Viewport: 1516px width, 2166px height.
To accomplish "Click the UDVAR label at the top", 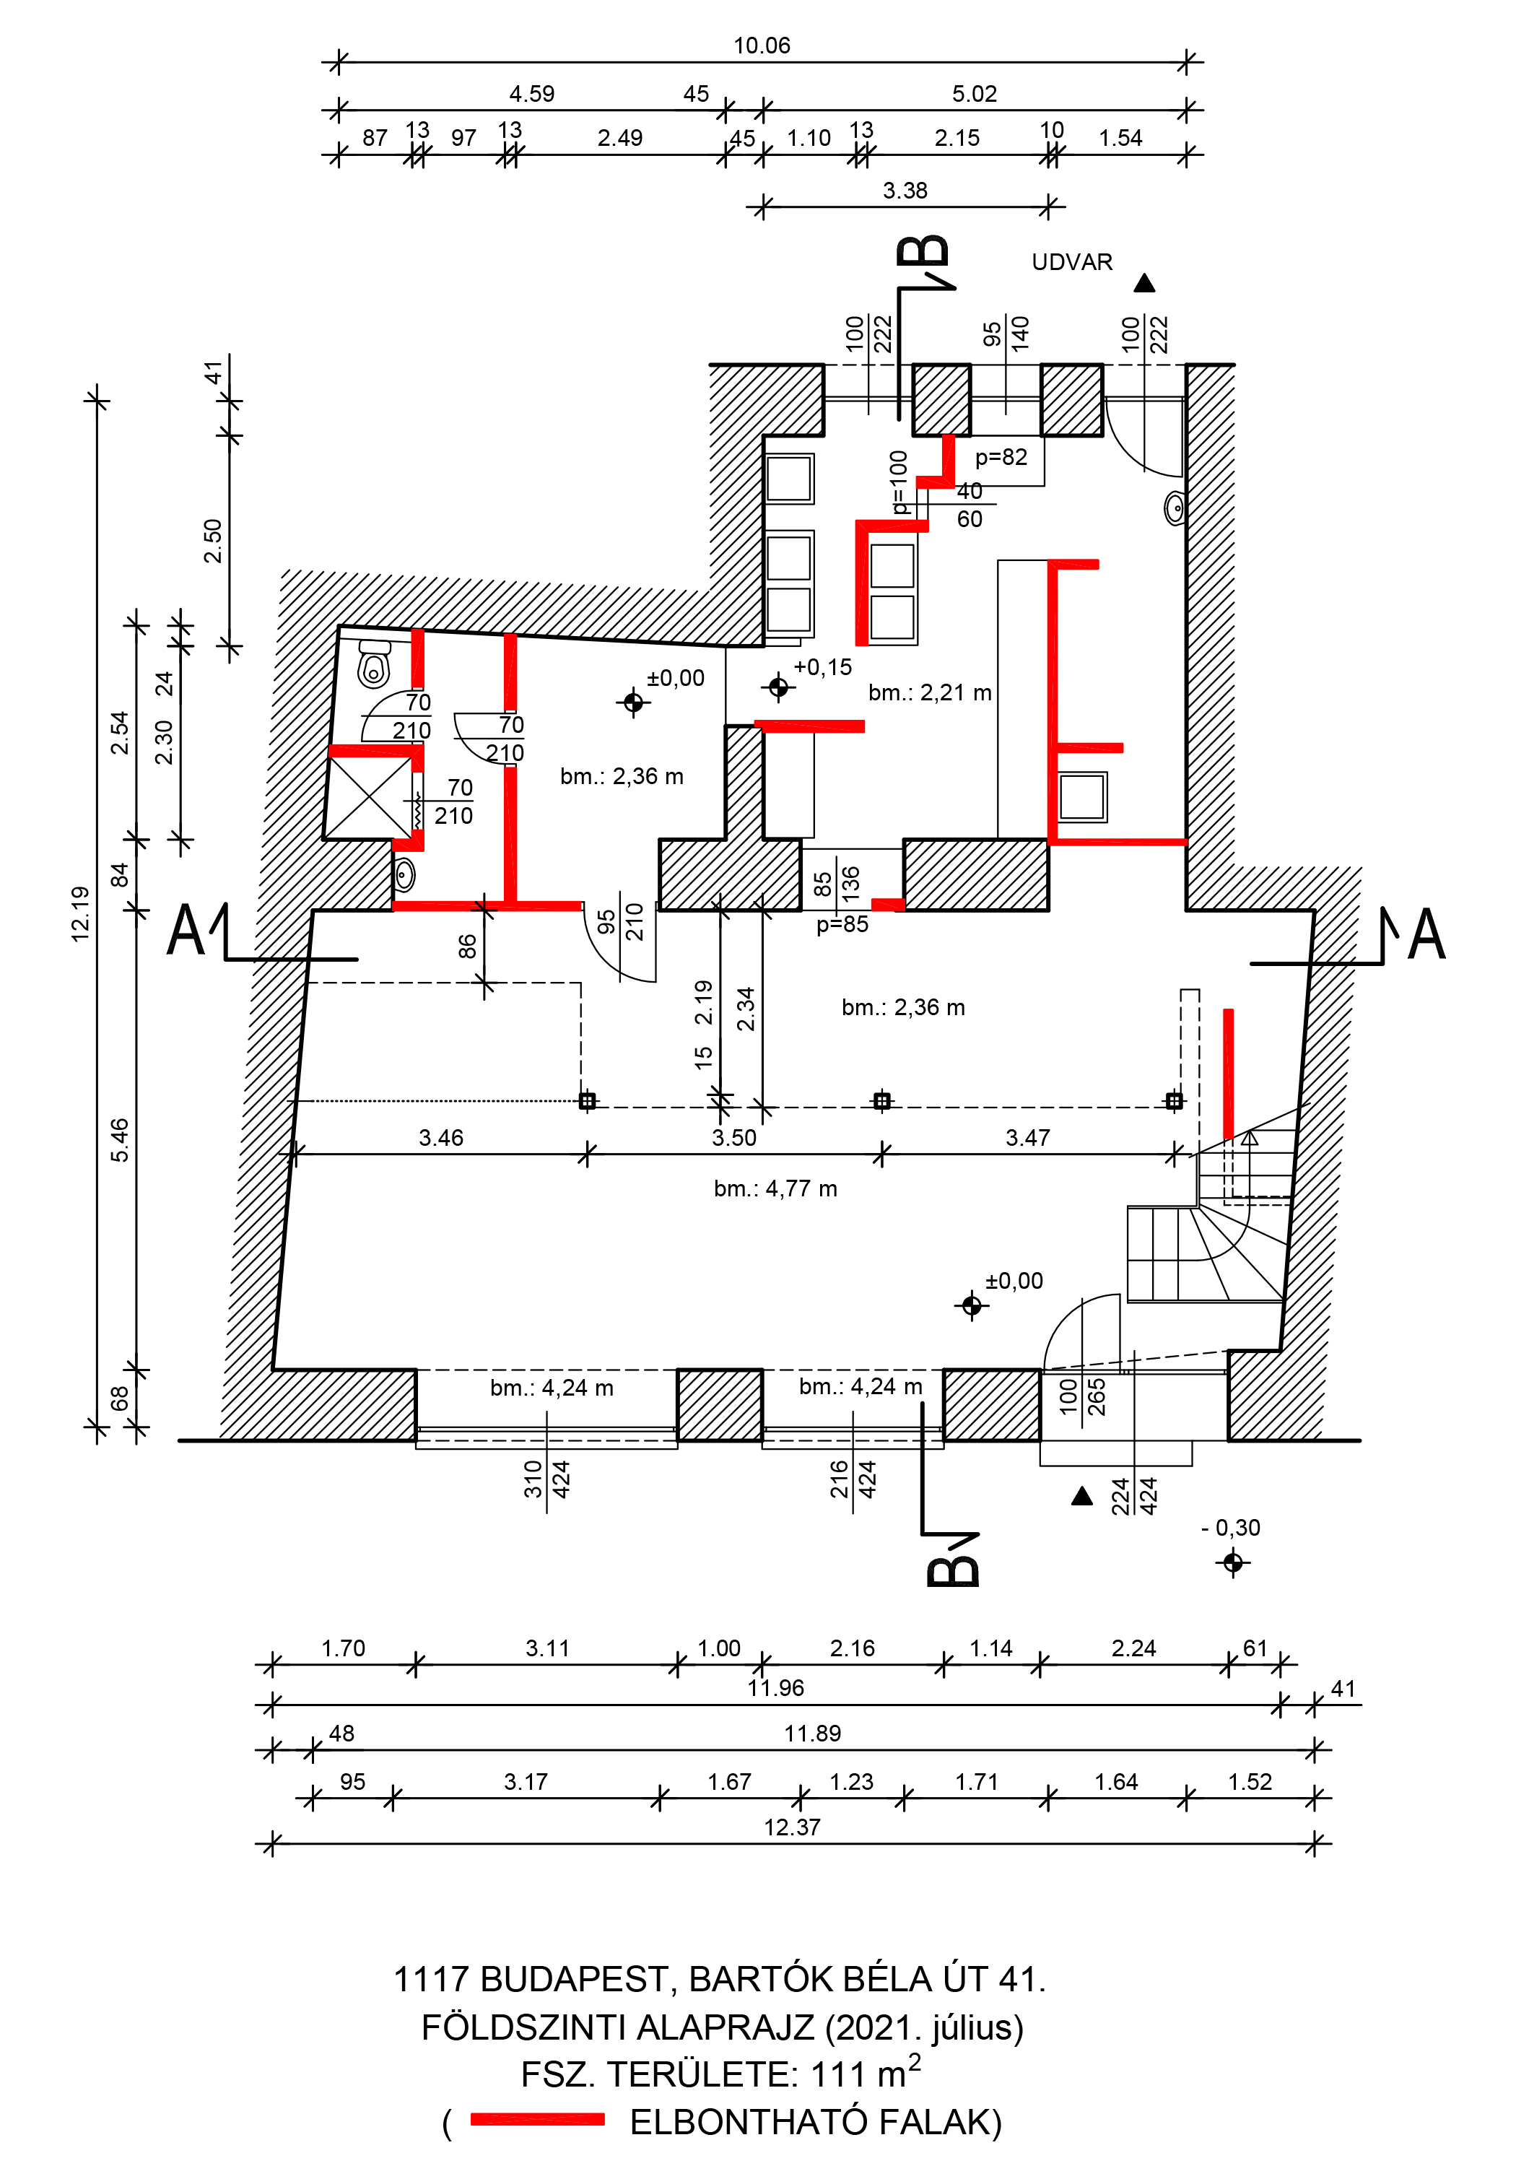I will (1072, 262).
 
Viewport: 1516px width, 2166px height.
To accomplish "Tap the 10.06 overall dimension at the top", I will (762, 45).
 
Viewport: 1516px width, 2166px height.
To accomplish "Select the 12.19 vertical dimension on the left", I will (81, 913).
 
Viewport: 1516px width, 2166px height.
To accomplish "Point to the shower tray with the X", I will (369, 797).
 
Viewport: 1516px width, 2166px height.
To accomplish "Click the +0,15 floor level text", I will (823, 667).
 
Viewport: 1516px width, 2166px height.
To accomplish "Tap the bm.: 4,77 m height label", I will (775, 1188).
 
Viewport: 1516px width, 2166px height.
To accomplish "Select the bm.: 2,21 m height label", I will (929, 692).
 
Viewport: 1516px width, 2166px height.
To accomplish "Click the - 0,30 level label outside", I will (1230, 1527).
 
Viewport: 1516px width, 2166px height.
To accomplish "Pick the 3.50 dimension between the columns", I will (734, 1138).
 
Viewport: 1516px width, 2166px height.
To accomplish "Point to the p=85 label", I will (842, 924).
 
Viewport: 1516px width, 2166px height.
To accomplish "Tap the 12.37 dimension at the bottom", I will (791, 1827).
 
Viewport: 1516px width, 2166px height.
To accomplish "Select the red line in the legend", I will (537, 2119).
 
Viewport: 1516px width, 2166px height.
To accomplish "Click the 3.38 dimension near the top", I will (905, 191).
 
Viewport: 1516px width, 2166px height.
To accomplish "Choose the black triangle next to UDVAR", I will (1144, 283).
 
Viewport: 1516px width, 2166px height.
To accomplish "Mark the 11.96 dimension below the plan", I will (775, 1688).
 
